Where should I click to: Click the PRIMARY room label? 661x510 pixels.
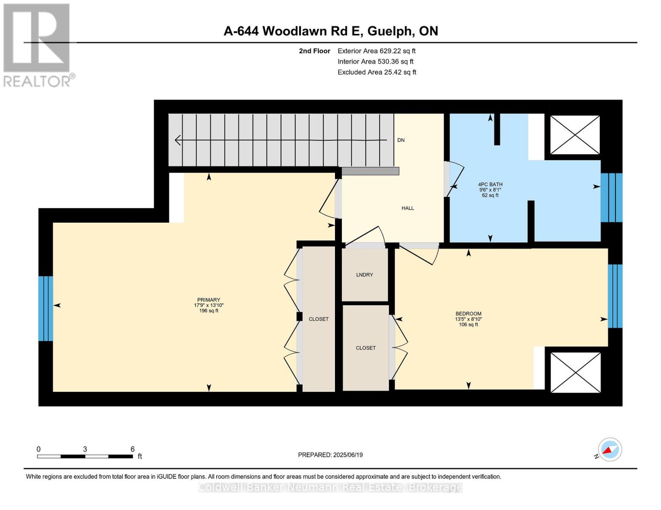(x=209, y=300)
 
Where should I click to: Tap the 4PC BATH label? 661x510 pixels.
(x=490, y=184)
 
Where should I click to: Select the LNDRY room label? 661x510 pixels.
(x=364, y=275)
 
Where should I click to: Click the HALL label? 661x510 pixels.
(x=407, y=208)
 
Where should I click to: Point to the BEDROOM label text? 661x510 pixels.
(x=468, y=314)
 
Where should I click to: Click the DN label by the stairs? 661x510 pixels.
(x=401, y=140)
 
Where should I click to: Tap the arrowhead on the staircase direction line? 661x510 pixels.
(x=178, y=140)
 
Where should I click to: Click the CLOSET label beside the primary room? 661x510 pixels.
(x=318, y=319)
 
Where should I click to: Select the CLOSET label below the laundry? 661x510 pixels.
(x=366, y=348)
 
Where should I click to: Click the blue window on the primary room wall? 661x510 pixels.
(x=46, y=309)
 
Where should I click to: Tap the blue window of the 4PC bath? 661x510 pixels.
(x=611, y=198)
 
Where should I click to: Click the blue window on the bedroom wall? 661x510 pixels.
(x=615, y=296)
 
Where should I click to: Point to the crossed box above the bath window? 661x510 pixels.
(x=575, y=135)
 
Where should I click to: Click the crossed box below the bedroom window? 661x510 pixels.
(x=575, y=372)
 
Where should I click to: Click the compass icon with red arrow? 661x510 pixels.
(x=609, y=450)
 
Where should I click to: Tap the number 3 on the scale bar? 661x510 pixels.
(x=85, y=449)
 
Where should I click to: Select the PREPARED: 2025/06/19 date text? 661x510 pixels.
(x=330, y=455)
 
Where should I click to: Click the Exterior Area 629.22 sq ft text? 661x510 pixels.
(x=376, y=51)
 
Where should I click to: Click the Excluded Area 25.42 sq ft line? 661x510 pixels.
(x=377, y=72)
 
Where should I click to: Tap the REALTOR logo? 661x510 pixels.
(x=37, y=45)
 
